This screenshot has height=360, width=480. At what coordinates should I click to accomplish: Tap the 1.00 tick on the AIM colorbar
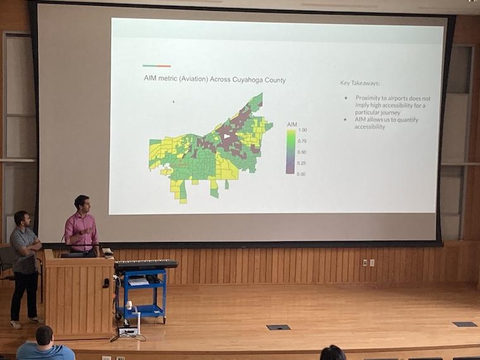coord(302,130)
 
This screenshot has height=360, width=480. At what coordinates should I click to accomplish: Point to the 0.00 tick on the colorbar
coord(302,173)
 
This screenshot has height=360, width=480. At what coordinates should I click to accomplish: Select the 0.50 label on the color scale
coord(302,152)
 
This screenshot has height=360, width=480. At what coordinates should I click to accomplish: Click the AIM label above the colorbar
coord(292,124)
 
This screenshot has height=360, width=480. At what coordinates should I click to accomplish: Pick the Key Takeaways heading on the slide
coord(361,83)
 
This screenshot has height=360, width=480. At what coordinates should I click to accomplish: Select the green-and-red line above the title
coord(157,66)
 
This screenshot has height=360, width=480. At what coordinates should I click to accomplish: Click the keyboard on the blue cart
coord(146,264)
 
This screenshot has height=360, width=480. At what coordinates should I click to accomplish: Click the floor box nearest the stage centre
coord(278,327)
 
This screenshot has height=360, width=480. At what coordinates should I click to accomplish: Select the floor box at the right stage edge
coord(464,324)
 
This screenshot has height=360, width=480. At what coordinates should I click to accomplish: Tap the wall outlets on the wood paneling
coord(368,262)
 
